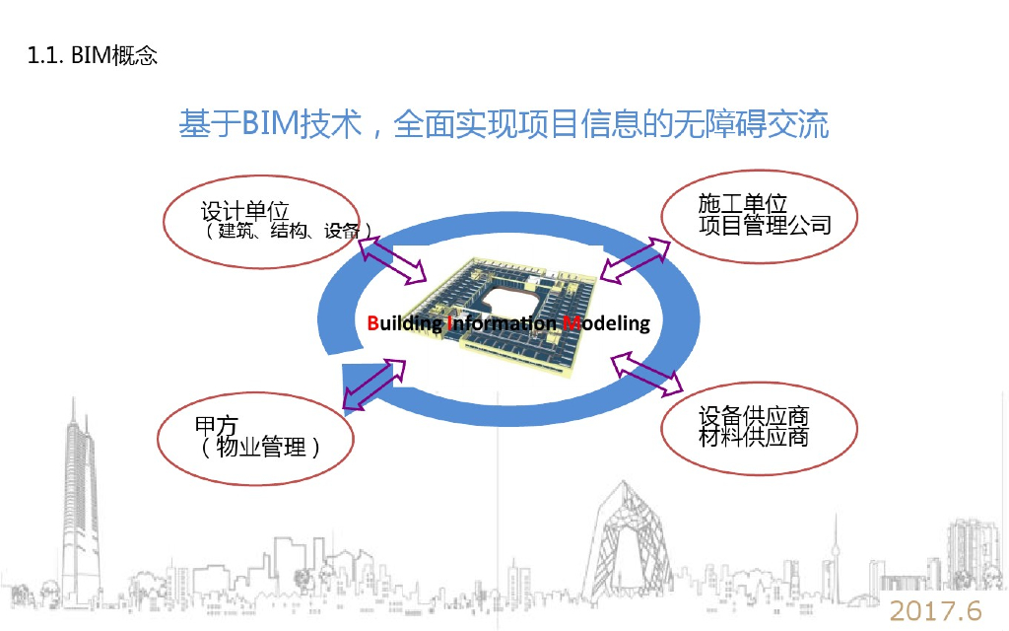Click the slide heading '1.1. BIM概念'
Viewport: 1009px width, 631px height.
pos(94,55)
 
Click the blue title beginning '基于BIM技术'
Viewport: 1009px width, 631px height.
pos(504,124)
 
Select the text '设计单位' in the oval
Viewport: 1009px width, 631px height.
pos(244,211)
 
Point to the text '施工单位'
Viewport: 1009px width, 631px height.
pos(743,204)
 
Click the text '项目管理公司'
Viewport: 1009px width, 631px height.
pos(765,225)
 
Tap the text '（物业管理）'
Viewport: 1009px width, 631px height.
pos(260,447)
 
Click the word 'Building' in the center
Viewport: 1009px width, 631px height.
pos(404,322)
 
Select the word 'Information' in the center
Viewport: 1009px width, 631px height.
pos(502,322)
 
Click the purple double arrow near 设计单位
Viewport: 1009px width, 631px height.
pos(390,257)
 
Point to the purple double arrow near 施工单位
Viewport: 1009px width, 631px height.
pos(632,259)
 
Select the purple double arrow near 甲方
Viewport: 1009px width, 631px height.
pos(374,385)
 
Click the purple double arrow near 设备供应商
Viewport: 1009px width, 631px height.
pos(647,375)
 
